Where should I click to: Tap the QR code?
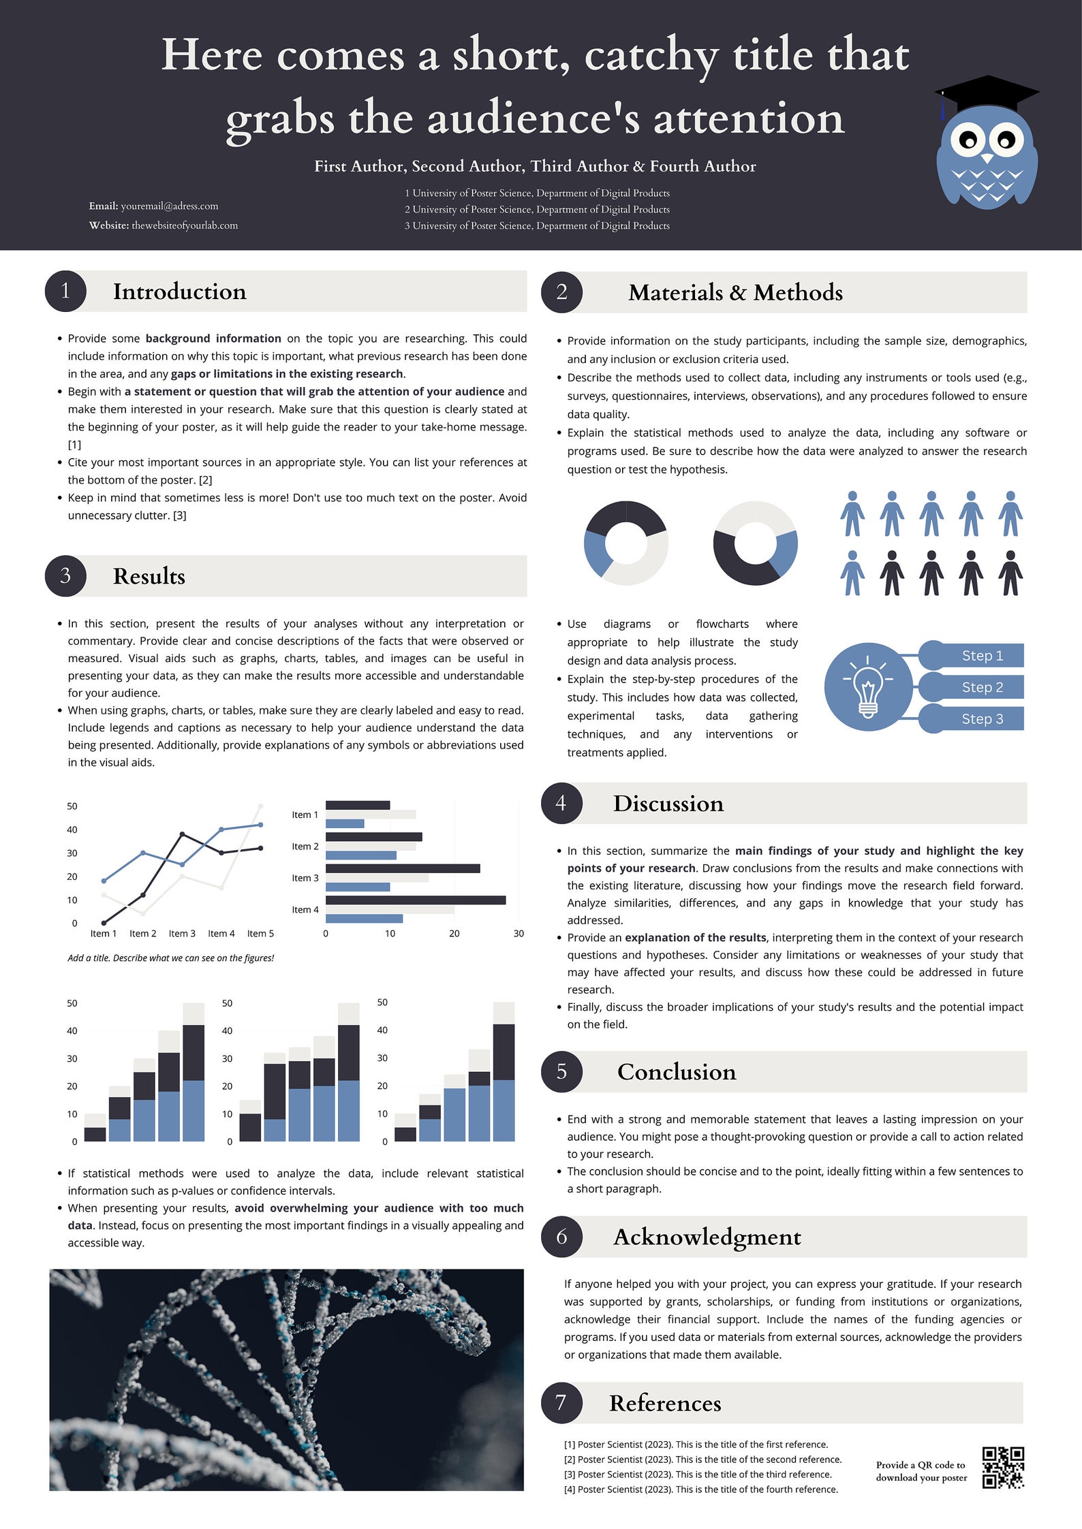[x=1003, y=1468]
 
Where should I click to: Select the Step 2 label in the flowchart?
[x=982, y=687]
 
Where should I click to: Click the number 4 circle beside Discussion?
[x=561, y=803]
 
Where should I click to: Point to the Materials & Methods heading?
[x=735, y=292]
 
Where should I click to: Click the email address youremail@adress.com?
[x=170, y=206]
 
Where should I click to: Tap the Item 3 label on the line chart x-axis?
[x=182, y=934]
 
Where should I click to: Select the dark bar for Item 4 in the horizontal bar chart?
[x=415, y=900]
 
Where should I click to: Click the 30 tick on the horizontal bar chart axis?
[x=519, y=934]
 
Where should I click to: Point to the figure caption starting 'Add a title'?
[x=170, y=958]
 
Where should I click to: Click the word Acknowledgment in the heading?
[x=707, y=1237]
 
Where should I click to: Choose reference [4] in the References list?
[x=700, y=1489]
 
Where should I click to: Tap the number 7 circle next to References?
[x=561, y=1403]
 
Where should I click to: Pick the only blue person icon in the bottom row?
[x=852, y=573]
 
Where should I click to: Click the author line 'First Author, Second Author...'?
[x=535, y=166]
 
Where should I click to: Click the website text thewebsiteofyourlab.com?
[x=185, y=225]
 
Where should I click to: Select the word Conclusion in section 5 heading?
[x=677, y=1072]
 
